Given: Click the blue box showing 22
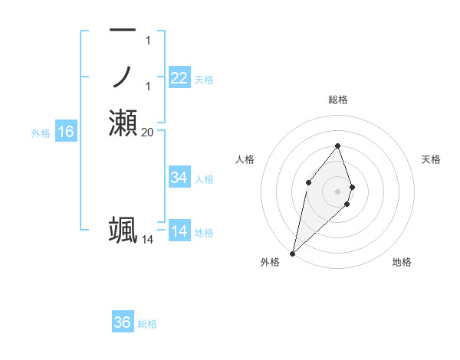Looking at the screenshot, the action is (179, 78).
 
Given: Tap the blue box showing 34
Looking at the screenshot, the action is (179, 178).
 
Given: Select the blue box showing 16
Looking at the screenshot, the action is (66, 132).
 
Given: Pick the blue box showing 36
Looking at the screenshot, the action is (123, 322).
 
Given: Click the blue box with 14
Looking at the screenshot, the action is (179, 231).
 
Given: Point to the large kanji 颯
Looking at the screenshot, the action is (123, 230).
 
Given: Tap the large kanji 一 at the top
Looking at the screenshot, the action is (123, 30).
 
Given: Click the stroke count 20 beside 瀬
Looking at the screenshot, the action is (148, 132).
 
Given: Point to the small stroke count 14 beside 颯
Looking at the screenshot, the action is (148, 239).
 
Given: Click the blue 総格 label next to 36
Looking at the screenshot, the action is (147, 324).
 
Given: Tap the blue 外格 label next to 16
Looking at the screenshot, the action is (41, 133).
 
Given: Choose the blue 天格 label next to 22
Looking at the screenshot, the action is (204, 80).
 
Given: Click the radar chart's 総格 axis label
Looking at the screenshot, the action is (338, 100).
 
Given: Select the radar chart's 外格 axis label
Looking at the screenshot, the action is (270, 262).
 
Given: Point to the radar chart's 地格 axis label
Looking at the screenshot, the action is (402, 262).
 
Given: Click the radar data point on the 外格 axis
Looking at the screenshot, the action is (293, 252).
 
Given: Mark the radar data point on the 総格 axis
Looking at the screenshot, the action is (338, 146).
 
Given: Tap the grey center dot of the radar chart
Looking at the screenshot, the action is (338, 191).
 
